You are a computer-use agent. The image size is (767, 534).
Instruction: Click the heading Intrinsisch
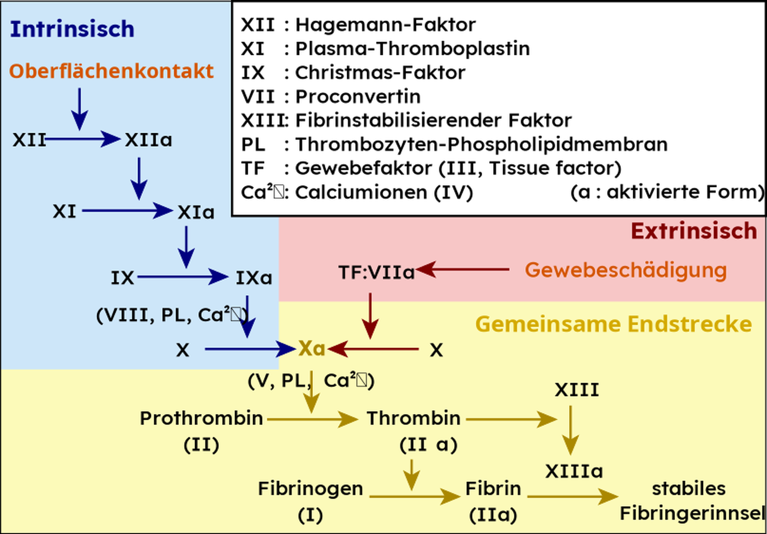pos(72,29)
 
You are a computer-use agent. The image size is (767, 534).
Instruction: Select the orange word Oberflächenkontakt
pos(111,71)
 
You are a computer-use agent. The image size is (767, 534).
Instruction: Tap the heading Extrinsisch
pos(693,231)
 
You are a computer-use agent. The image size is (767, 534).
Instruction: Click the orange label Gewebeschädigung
pos(626,270)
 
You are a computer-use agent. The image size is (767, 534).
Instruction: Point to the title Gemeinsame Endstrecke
pos(613,324)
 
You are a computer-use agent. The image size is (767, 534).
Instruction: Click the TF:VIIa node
pos(376,273)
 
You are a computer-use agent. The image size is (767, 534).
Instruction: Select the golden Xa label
pos(312,348)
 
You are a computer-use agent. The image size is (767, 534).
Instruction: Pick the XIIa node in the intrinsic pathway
pos(149,140)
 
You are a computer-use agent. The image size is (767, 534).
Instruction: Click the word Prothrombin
pos(201,419)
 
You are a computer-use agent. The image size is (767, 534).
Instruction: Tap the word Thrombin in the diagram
pos(414,419)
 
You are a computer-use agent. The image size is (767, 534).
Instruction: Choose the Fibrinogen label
pos(310,489)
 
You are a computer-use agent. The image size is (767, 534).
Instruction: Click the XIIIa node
pos(574,472)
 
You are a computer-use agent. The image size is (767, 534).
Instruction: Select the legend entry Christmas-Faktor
pos(380,73)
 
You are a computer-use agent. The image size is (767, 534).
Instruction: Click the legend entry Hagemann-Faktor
pos(385,25)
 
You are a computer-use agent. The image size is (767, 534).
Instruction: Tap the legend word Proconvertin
pos(357,97)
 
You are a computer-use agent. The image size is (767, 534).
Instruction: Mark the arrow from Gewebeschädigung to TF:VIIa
pos(463,269)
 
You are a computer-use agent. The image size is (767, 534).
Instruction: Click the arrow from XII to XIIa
pos(83,139)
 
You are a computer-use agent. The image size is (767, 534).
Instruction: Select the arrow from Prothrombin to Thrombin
pos(312,419)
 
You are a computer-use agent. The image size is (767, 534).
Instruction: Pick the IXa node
pos(253,278)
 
